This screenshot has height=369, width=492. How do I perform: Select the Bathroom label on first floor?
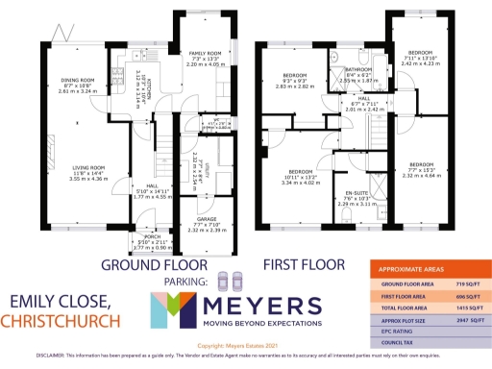(x=358, y=70)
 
